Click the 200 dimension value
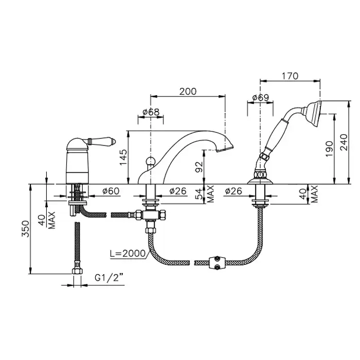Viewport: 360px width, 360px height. pos(188,92)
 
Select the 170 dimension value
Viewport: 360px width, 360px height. pos(290,76)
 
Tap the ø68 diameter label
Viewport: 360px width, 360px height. pos(151,112)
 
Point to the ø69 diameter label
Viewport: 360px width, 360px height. pos(260,98)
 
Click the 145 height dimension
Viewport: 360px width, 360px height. pos(123,157)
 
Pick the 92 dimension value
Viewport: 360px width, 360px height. pos(199,167)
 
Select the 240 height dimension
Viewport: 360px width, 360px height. pos(344,142)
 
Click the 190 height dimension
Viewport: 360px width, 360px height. pos(329,149)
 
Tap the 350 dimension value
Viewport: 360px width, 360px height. pos(26,229)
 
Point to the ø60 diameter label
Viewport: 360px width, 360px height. pos(111,191)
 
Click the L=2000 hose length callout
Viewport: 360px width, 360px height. pos(128,253)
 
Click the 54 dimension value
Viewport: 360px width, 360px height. pos(199,193)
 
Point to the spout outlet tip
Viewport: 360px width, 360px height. pos(225,149)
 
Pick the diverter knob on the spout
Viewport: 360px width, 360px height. pos(150,160)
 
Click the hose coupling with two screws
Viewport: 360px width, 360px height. pos(217,263)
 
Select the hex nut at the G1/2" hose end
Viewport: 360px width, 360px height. pos(77,271)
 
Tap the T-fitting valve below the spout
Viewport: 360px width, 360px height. pos(151,215)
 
